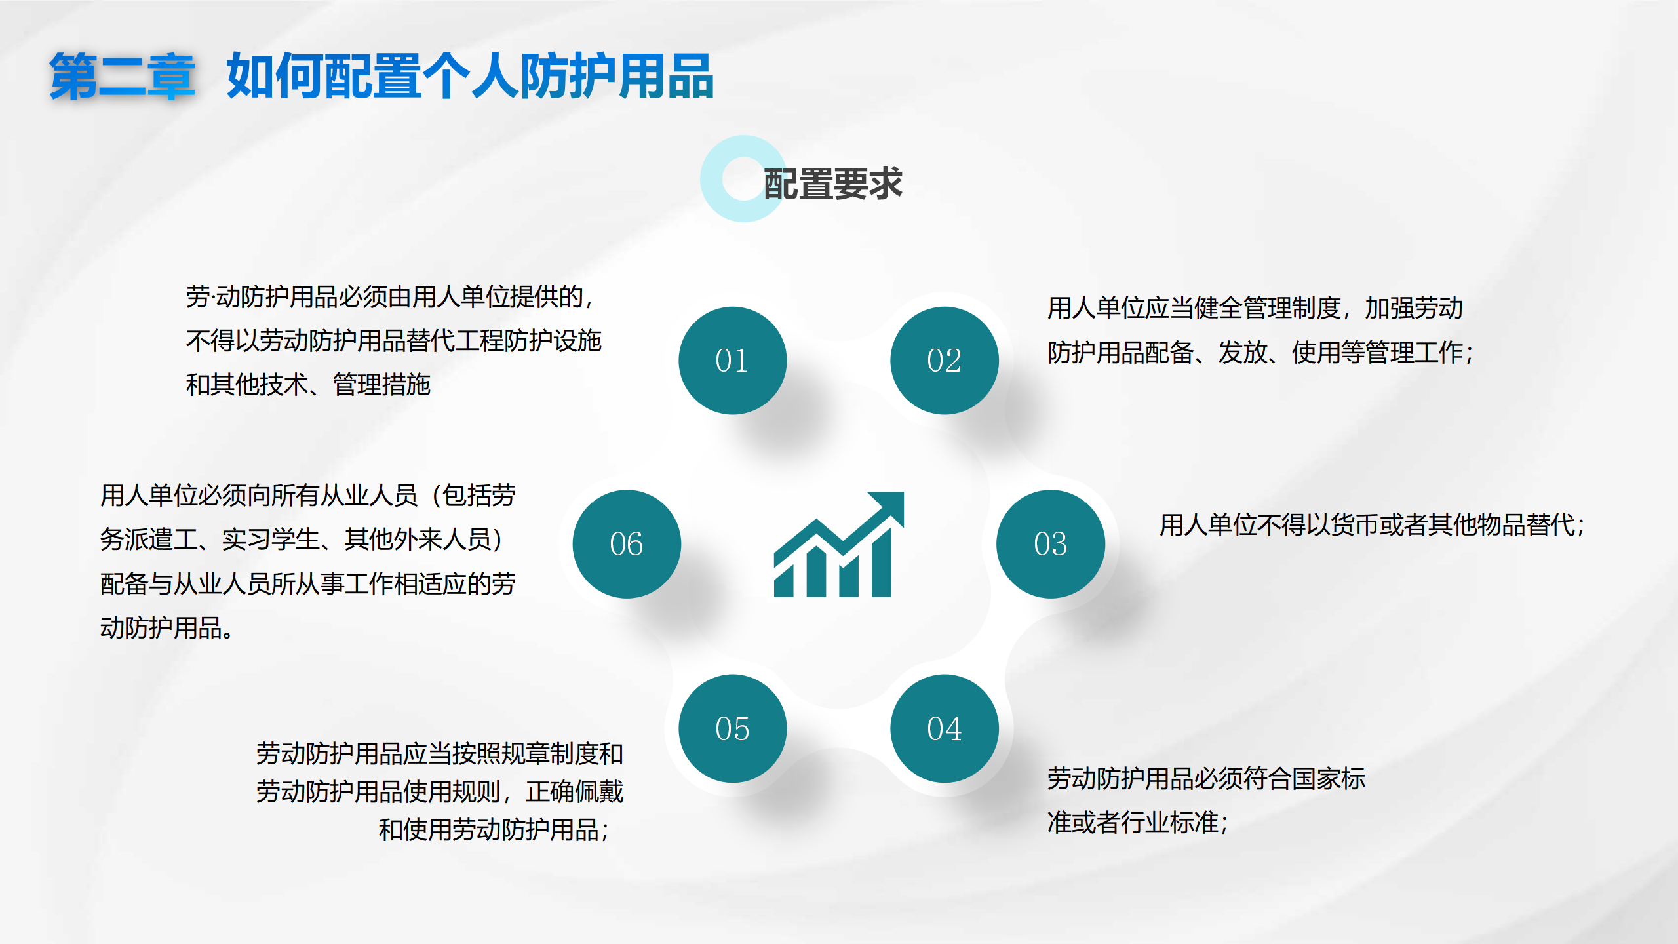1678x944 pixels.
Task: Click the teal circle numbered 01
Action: click(732, 361)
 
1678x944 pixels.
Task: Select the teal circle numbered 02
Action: click(945, 361)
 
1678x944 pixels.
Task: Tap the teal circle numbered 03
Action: click(1051, 544)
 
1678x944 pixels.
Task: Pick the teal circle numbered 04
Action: click(945, 728)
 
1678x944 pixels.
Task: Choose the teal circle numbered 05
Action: click(732, 728)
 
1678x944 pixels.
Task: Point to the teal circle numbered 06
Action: click(627, 544)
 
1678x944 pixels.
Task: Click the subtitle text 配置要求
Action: click(833, 184)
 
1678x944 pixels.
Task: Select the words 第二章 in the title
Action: click(123, 77)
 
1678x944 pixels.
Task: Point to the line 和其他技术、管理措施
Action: click(308, 385)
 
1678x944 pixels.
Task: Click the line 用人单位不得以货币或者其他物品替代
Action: click(1371, 525)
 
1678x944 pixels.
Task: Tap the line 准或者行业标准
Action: click(1137, 822)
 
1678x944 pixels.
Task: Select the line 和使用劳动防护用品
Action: click(494, 830)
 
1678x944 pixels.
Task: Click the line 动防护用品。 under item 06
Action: click(166, 628)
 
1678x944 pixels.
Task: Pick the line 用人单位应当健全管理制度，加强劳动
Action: click(1255, 308)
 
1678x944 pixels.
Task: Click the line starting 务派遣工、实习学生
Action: click(302, 540)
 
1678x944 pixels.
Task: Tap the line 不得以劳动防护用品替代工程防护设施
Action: click(394, 341)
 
